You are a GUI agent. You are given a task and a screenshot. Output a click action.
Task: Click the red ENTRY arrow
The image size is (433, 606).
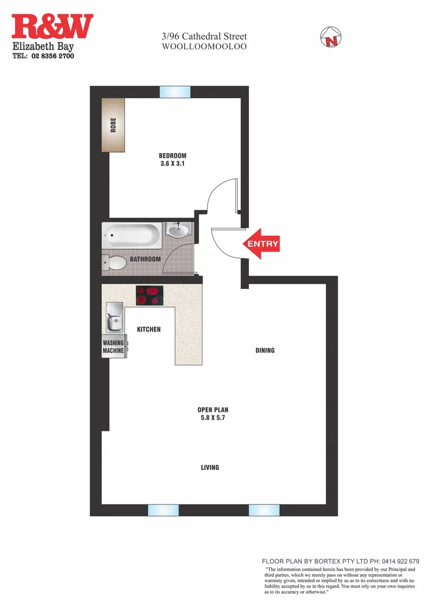[x=261, y=244]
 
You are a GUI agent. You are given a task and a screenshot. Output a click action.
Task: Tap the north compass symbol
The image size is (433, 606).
[x=331, y=38]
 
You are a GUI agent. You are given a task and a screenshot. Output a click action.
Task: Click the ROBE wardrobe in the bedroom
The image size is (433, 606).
[x=113, y=125]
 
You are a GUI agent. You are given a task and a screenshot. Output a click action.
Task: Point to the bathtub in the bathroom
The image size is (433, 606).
[x=132, y=236]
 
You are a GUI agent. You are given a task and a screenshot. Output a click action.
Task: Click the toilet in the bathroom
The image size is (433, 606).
[x=115, y=263]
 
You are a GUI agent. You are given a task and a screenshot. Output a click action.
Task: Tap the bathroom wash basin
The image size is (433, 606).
[x=179, y=230]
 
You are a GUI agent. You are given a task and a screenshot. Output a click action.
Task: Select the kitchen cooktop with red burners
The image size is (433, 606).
[x=150, y=295]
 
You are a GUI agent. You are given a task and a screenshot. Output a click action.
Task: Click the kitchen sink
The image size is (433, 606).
[x=116, y=318]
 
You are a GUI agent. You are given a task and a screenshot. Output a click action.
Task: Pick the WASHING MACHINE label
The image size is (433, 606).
[x=113, y=347]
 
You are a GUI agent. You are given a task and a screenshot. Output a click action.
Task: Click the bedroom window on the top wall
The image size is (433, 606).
[x=175, y=92]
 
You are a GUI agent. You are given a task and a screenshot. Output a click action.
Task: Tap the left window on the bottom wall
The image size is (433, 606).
[x=163, y=510]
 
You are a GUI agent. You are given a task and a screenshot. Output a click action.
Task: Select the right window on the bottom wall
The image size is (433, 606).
[x=264, y=510]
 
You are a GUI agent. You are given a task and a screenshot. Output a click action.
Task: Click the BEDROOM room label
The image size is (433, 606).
[x=172, y=155]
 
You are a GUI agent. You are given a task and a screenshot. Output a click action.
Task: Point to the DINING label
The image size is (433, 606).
[x=265, y=351]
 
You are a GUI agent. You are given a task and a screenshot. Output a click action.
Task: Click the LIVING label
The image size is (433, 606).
[x=210, y=467]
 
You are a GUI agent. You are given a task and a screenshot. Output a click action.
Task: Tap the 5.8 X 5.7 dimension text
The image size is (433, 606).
[x=213, y=418]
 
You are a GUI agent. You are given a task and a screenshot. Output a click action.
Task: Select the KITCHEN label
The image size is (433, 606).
[x=149, y=329]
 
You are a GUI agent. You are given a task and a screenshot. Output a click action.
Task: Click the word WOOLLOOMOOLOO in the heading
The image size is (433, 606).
[x=204, y=47]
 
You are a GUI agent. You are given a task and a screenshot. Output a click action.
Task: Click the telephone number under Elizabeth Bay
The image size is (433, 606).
[x=44, y=56]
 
